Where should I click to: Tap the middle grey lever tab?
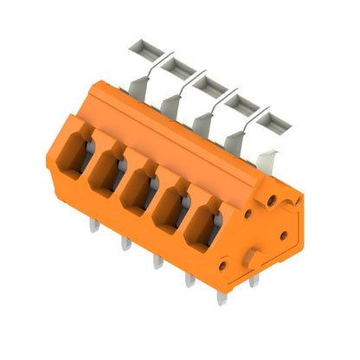coord(208,85)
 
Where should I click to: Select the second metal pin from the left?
coord(126,241)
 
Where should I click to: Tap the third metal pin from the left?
coord(156,259)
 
